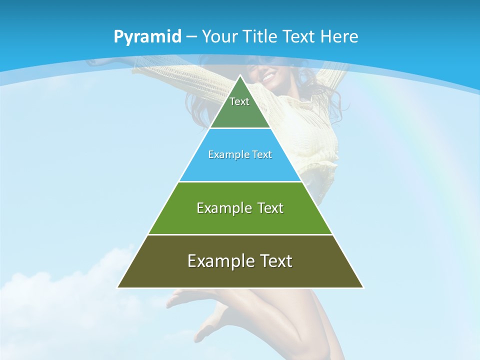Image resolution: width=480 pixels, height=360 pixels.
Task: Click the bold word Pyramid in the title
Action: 147,37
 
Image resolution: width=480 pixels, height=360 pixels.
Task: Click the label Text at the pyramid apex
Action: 239,101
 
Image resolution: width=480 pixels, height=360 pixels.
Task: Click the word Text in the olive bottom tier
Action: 275,261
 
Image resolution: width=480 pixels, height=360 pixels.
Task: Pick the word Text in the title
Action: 299,37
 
